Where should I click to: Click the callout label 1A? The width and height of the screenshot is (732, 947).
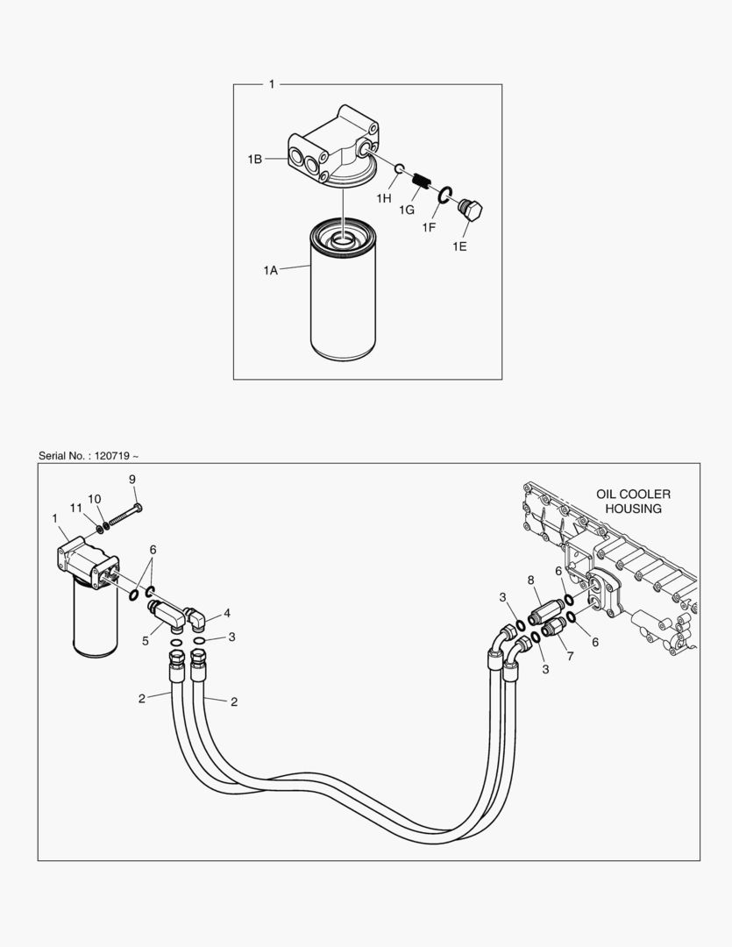point(270,271)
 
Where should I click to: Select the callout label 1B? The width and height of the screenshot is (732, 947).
point(254,159)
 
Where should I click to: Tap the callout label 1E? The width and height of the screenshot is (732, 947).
point(459,246)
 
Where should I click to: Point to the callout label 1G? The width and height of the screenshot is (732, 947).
point(406,210)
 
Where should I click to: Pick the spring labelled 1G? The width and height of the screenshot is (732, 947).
point(422,182)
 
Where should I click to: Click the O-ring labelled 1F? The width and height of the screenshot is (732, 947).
point(444,195)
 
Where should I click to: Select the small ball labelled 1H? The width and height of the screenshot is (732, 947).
point(398,168)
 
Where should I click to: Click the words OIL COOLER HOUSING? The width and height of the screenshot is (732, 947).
point(633,501)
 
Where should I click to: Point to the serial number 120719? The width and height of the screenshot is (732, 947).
point(112,456)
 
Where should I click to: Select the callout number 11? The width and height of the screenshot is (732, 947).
point(76,509)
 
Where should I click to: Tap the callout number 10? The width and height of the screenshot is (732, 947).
point(95,498)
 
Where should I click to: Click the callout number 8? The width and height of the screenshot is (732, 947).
point(530,580)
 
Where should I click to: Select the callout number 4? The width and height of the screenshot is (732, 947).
point(227,612)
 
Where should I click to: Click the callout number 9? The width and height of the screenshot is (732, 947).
point(132,479)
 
